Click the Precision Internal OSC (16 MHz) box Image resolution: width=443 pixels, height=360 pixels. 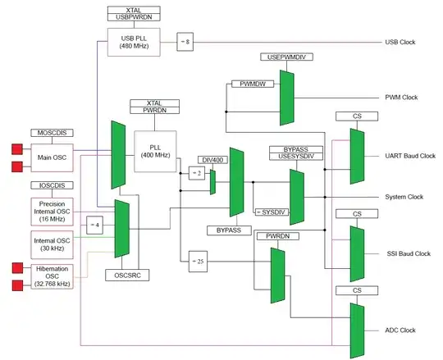55,209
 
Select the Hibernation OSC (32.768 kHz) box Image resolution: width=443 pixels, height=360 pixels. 55,277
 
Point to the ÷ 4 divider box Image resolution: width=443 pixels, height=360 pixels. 95,223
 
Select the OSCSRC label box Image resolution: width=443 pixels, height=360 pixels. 122,276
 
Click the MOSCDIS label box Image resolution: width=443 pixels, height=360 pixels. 53,132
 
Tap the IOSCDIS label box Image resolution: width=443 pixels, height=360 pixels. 53,186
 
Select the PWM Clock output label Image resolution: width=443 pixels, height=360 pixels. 402,98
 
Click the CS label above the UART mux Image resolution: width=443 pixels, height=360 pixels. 357,117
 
